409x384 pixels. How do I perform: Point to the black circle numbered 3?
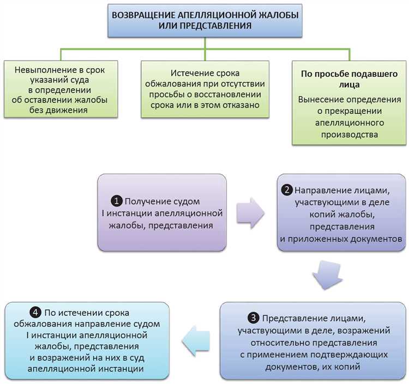254,318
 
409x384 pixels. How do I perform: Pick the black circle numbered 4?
35,313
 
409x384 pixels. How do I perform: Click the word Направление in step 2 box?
320,191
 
